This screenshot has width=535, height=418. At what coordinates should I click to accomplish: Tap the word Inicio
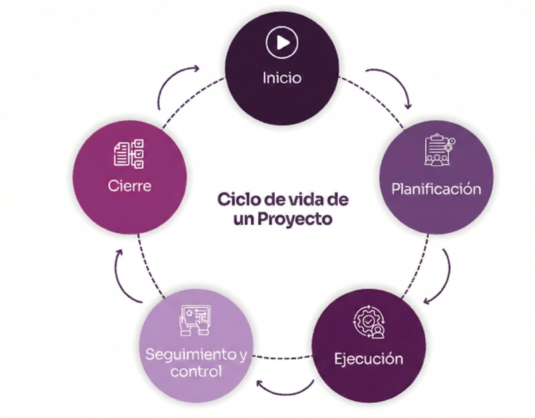coord(281,78)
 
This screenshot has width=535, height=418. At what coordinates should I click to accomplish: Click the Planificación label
coord(436,189)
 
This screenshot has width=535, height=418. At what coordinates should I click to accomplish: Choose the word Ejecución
coord(368,359)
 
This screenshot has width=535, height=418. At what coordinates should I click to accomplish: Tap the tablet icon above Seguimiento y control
coord(195,320)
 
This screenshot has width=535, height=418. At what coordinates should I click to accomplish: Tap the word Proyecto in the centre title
coord(294,219)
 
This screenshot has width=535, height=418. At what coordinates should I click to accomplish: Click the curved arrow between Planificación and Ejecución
coord(442,276)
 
